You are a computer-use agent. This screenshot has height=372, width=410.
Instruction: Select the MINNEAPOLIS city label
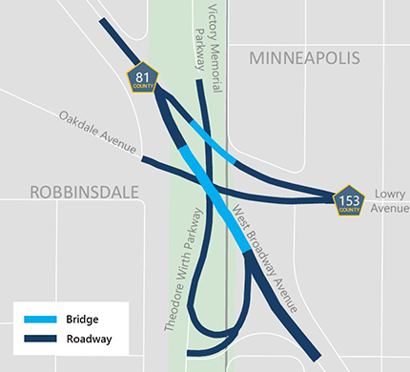click(x=305, y=59)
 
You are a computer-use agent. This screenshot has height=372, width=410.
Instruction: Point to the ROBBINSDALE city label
click(x=84, y=192)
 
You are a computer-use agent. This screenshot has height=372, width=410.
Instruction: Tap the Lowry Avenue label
click(x=389, y=199)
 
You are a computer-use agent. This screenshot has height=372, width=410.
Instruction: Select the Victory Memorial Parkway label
click(x=207, y=36)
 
